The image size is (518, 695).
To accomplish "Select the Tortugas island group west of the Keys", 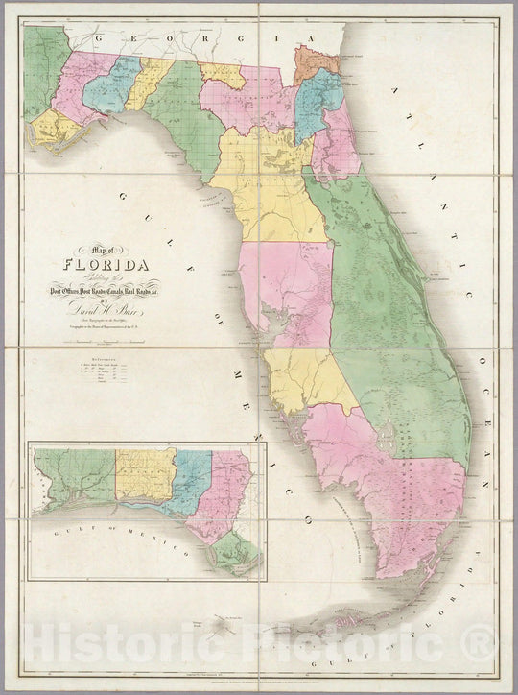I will point(225,624).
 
